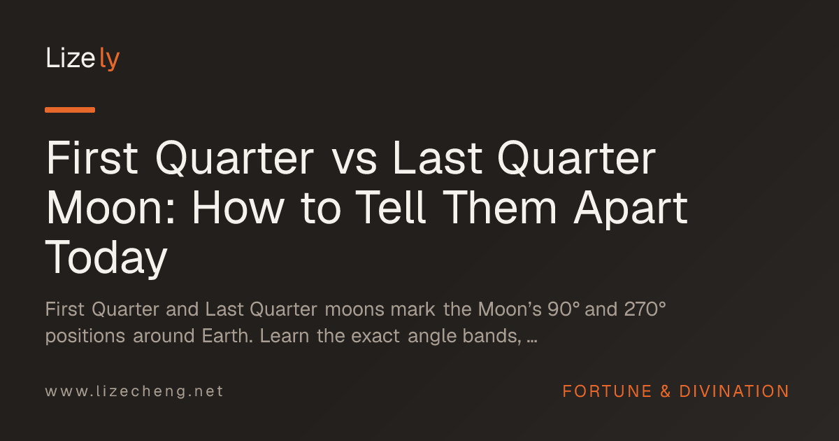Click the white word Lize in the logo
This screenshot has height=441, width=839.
click(x=71, y=57)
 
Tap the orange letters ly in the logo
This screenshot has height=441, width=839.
click(x=110, y=59)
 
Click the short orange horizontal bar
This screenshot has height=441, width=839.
click(x=70, y=110)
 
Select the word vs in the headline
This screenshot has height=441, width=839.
click(x=354, y=162)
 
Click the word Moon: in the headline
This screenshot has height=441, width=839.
click(x=110, y=207)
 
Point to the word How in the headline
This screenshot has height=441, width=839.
click(x=238, y=207)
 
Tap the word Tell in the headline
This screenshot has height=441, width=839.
click(x=391, y=207)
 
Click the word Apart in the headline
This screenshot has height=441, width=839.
click(x=631, y=210)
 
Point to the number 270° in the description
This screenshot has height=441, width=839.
click(x=645, y=309)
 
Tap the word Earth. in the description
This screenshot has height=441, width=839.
click(x=227, y=335)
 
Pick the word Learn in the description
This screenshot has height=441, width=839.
click(x=285, y=335)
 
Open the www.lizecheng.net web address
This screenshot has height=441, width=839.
click(x=134, y=391)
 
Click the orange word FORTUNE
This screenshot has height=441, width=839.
click(x=607, y=391)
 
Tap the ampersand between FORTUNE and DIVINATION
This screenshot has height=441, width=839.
click(x=666, y=391)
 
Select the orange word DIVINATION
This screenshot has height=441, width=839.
click(x=734, y=391)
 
